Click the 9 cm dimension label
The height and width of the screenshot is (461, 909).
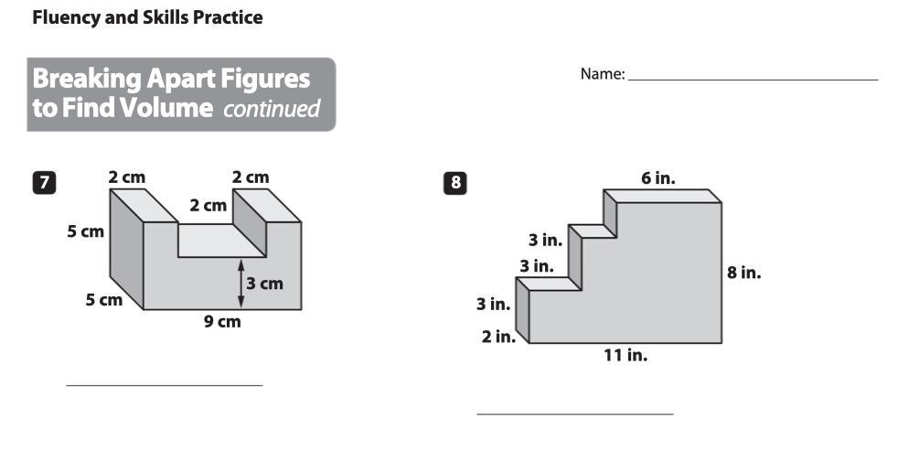pyautogui.click(x=222, y=321)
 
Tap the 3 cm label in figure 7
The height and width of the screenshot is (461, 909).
pyautogui.click(x=264, y=284)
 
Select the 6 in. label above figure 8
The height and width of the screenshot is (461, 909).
pyautogui.click(x=658, y=178)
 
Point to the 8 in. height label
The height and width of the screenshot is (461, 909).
pyautogui.click(x=743, y=273)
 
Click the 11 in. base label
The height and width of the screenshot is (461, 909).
pyautogui.click(x=626, y=355)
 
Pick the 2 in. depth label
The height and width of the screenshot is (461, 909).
pyautogui.click(x=498, y=337)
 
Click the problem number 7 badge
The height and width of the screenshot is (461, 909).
pyautogui.click(x=44, y=183)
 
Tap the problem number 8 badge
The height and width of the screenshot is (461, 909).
pyautogui.click(x=455, y=183)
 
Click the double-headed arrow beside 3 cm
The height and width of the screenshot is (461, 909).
pyautogui.click(x=241, y=284)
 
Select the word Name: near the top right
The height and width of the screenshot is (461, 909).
pyautogui.click(x=603, y=74)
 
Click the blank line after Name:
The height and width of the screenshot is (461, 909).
pyautogui.click(x=753, y=80)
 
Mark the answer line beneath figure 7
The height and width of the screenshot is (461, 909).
pyautogui.click(x=164, y=384)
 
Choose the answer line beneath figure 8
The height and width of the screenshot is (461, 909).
pyautogui.click(x=575, y=414)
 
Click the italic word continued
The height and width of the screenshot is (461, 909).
pyautogui.click(x=272, y=109)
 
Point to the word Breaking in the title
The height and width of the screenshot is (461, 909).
pyautogui.click(x=87, y=80)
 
